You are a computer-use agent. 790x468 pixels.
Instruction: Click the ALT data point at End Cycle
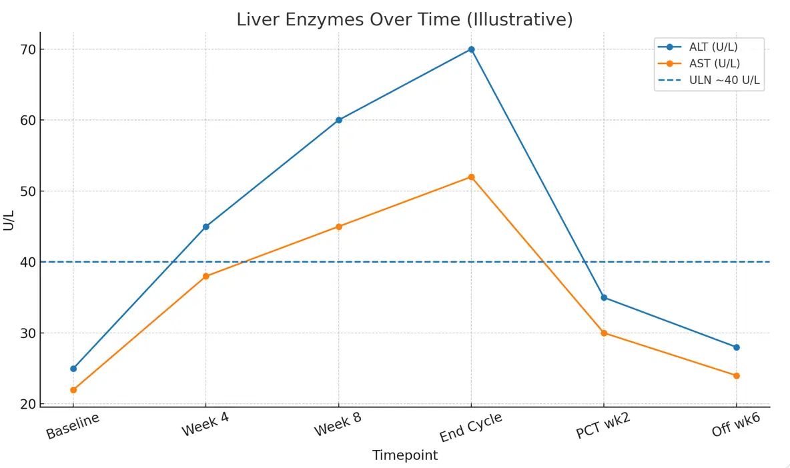(x=471, y=49)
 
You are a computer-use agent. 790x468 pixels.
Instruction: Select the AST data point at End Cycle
(x=471, y=177)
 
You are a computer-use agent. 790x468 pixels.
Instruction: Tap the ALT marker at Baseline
(x=73, y=369)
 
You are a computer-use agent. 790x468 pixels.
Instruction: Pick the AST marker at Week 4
(x=206, y=276)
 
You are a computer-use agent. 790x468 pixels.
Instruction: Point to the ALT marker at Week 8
(x=338, y=120)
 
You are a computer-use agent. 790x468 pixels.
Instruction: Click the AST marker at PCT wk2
(x=604, y=333)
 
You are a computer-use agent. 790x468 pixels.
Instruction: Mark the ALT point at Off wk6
(x=737, y=347)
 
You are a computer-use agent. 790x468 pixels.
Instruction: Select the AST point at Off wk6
(x=737, y=375)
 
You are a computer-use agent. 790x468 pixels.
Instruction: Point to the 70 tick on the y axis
(x=27, y=49)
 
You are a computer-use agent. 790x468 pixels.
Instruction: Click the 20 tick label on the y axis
(x=27, y=404)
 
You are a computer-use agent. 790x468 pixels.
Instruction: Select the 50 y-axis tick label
(x=27, y=191)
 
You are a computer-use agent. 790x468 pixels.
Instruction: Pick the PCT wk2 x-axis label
(x=603, y=427)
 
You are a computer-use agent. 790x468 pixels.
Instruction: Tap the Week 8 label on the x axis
(x=339, y=427)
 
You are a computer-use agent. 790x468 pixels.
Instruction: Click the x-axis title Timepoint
(x=404, y=456)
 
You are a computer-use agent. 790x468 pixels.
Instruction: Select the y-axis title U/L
(x=9, y=219)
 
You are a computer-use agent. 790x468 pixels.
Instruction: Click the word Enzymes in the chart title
(x=324, y=20)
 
